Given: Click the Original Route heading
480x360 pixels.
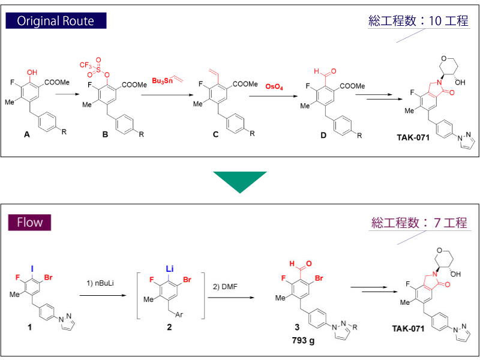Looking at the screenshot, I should point(55,21).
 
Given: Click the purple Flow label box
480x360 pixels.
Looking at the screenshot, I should point(29,223).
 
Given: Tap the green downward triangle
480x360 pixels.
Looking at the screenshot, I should point(239,181).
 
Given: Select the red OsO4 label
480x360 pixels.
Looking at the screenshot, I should point(274,87).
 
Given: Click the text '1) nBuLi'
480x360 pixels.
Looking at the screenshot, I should point(100,281).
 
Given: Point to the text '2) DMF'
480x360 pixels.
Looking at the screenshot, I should point(225,286).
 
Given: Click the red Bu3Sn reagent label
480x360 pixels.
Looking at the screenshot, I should point(162,81).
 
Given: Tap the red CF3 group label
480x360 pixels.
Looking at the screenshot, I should point(86,65).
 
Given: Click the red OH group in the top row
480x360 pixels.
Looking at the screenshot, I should point(32,73).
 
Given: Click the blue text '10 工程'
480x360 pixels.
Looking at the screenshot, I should point(448,22).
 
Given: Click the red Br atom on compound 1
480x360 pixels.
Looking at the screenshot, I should point(49,277).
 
